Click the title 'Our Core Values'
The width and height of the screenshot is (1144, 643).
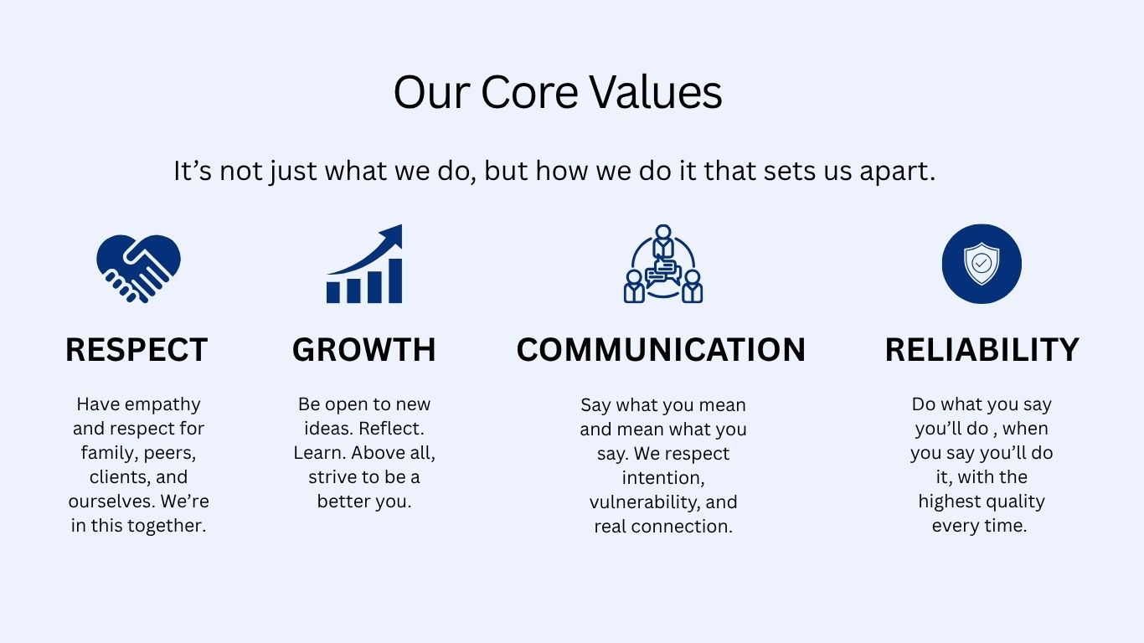(558, 92)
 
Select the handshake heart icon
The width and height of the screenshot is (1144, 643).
(138, 269)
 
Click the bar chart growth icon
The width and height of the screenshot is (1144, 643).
(364, 264)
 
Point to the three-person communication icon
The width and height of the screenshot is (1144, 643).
(663, 264)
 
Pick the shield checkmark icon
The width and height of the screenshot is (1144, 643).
(982, 264)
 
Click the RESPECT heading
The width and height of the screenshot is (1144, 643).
(137, 350)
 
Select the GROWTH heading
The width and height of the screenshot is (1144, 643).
(364, 350)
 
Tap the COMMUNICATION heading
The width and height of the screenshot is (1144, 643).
(661, 350)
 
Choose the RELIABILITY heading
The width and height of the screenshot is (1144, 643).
(982, 350)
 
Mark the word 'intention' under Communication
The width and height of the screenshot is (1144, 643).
(662, 478)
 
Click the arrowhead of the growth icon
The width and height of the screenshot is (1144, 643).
(392, 235)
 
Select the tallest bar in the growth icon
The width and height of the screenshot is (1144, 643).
(395, 281)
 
